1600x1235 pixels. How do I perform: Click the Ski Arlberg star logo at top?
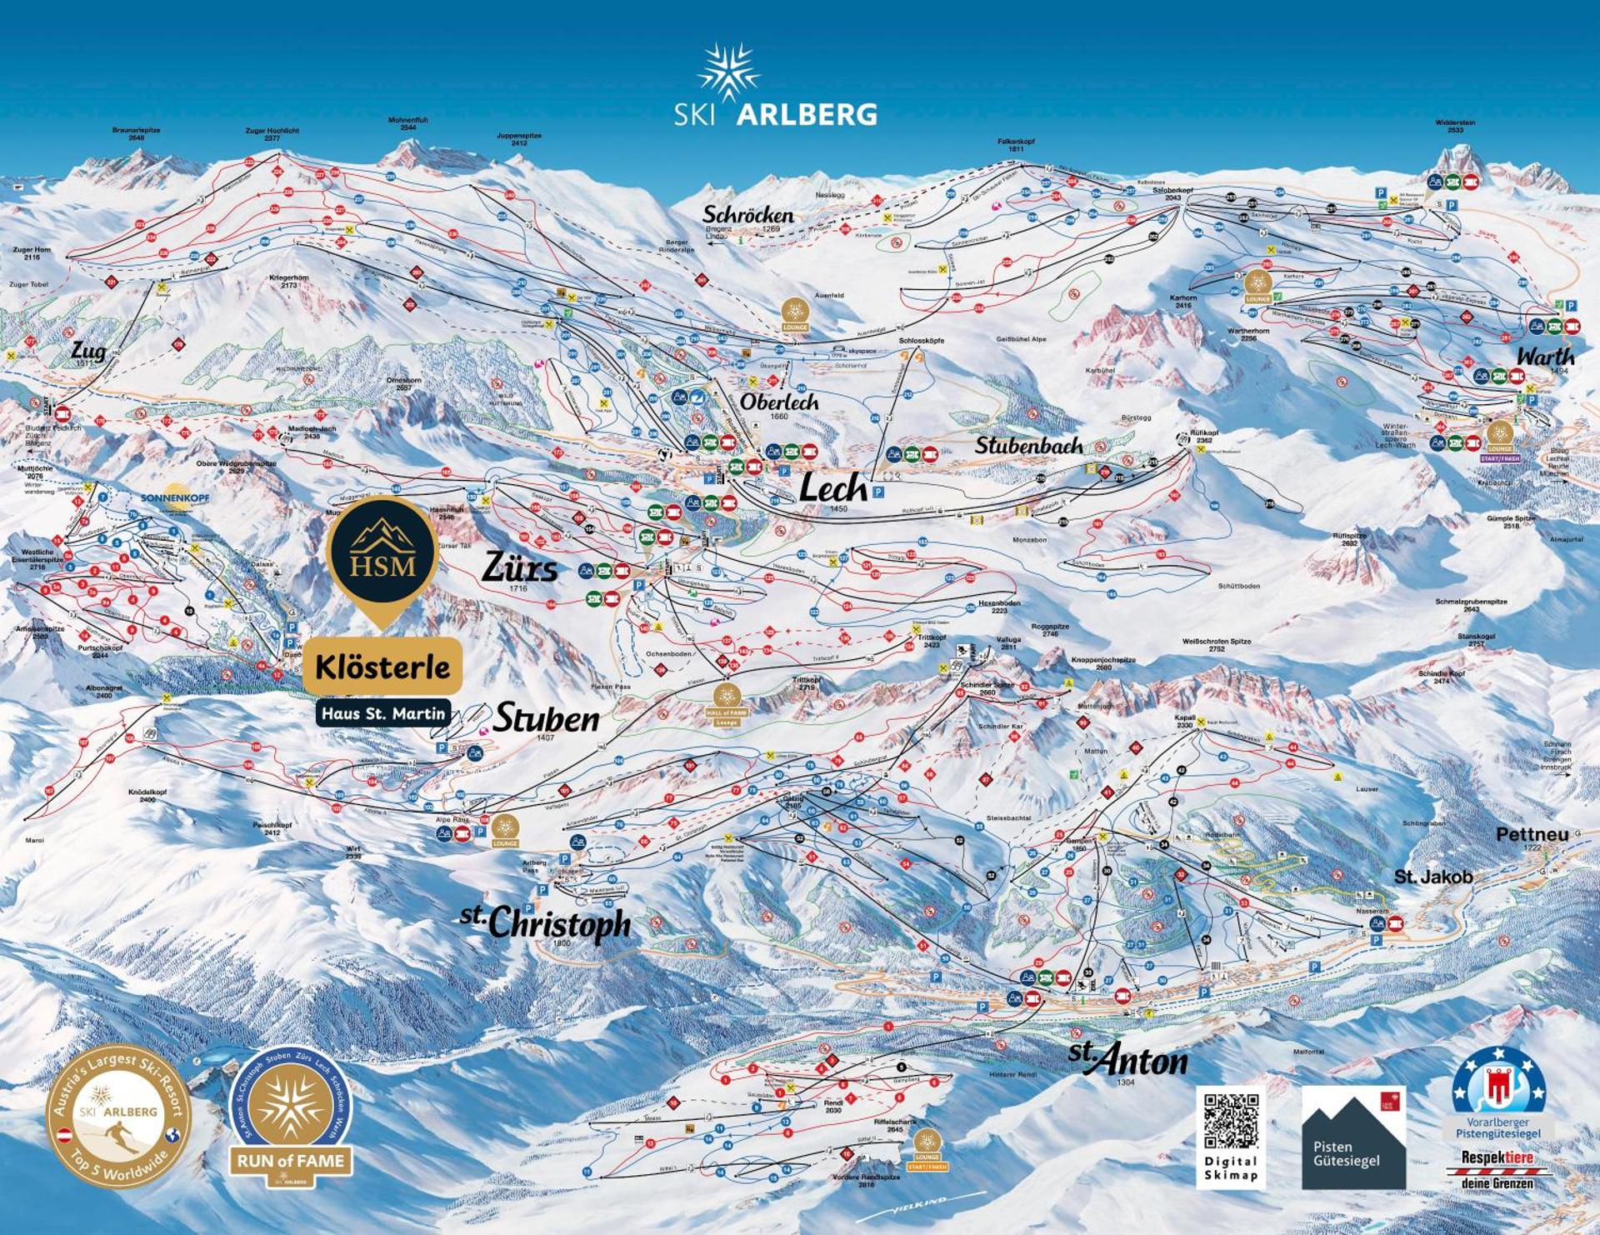pyautogui.click(x=728, y=73)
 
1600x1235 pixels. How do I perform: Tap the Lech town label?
pyautogui.click(x=833, y=488)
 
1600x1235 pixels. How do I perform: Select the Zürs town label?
pyautogui.click(x=520, y=568)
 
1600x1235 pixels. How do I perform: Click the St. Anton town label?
pyautogui.click(x=1128, y=1060)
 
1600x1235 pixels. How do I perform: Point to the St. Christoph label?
pyautogui.click(x=546, y=922)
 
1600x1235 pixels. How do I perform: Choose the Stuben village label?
pyautogui.click(x=546, y=718)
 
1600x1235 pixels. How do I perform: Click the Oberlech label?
pyautogui.click(x=778, y=402)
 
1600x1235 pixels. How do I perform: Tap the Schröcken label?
pyautogui.click(x=747, y=215)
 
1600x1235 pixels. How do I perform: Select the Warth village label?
pyautogui.click(x=1545, y=357)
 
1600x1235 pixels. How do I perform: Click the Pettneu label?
pyautogui.click(x=1532, y=834)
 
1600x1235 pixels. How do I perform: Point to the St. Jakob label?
pyautogui.click(x=1433, y=877)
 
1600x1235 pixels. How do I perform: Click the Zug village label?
pyautogui.click(x=88, y=351)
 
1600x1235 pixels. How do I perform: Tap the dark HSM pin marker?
pyautogui.click(x=382, y=553)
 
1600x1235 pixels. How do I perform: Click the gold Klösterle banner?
pyautogui.click(x=382, y=667)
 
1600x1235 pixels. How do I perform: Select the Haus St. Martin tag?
pyautogui.click(x=383, y=713)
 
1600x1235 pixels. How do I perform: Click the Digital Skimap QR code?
pyautogui.click(x=1231, y=1122)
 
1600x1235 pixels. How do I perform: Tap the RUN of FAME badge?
pyautogui.click(x=290, y=1117)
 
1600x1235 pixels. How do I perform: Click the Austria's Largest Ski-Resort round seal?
pyautogui.click(x=117, y=1117)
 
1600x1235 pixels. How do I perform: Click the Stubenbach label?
pyautogui.click(x=1028, y=446)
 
